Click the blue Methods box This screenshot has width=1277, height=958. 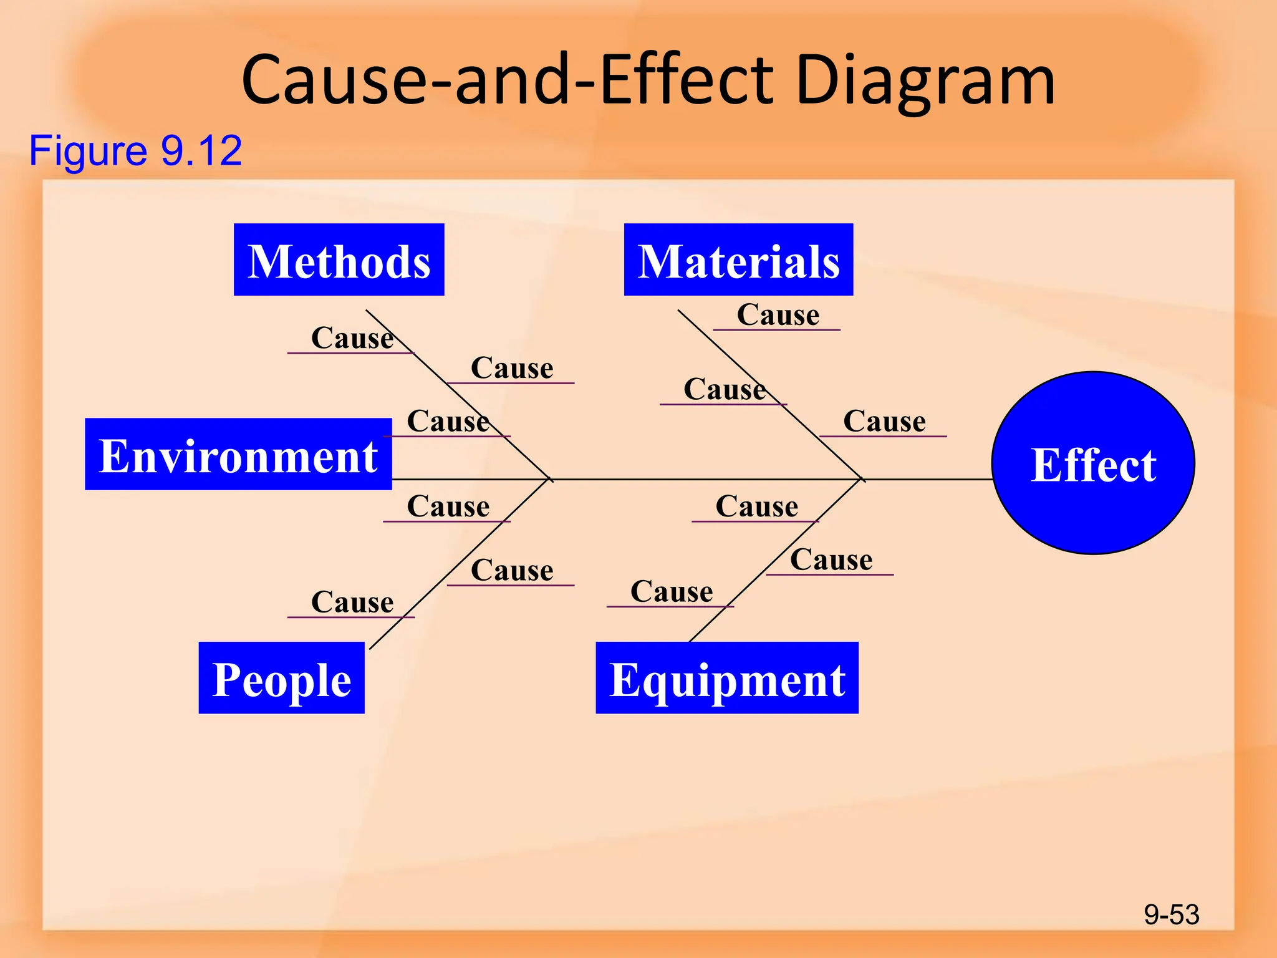point(339,259)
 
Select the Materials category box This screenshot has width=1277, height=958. point(738,259)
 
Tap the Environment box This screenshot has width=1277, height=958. point(238,454)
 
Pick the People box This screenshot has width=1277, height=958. point(281,678)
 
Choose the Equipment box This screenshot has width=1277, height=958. point(727,678)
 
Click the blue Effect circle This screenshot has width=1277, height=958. point(1093,463)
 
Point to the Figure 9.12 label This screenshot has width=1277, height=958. point(135,150)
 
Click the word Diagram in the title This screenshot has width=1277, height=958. point(925,80)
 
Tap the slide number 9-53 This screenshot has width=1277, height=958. point(1171,914)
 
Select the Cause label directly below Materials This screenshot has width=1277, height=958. point(778,315)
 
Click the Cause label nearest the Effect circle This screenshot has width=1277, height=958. point(884,422)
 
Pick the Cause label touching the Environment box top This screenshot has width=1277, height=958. point(447,422)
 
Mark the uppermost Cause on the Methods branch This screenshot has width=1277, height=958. point(352,339)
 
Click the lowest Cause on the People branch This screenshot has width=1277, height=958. point(352,602)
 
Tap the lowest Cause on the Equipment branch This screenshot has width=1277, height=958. point(671,592)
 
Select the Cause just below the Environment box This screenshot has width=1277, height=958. point(447,506)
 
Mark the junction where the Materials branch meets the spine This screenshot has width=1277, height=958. point(862,479)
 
